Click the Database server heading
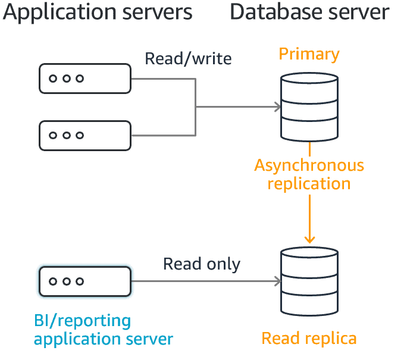click(309, 12)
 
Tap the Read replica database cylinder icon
click(309, 283)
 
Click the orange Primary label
click(309, 55)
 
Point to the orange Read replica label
click(309, 339)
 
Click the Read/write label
click(188, 59)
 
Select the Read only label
click(202, 264)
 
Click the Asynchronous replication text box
click(309, 175)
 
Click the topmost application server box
click(85, 79)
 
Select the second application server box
click(85, 136)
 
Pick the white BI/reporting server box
click(85, 281)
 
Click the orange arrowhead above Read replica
click(309, 239)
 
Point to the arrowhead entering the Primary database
click(277, 107)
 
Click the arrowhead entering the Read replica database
click(277, 281)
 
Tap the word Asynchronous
click(309, 165)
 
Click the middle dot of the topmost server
click(66, 79)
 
